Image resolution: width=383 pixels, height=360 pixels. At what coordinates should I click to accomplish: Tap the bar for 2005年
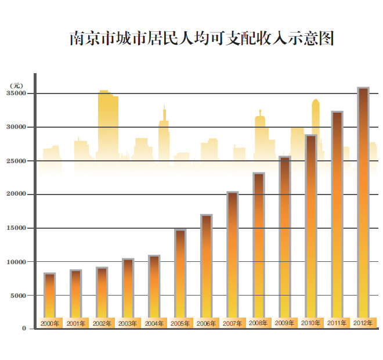180,273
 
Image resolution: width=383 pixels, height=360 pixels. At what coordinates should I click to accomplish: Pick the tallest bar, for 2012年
363,203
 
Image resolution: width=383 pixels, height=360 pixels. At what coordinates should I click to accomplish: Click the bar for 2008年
259,244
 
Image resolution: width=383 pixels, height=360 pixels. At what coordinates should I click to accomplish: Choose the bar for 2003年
128,287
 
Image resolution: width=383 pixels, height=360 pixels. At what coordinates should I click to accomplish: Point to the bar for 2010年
311,226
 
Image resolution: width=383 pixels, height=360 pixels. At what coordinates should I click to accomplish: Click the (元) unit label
16,85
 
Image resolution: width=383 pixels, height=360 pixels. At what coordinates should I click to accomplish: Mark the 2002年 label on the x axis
102,323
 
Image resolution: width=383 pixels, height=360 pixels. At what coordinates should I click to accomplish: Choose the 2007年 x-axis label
232,323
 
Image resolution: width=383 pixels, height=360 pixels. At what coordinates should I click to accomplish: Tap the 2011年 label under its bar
337,322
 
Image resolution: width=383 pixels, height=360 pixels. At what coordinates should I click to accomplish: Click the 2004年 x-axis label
154,323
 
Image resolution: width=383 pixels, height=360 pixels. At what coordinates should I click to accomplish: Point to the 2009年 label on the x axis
284,323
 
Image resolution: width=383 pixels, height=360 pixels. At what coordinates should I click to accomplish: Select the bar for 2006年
207,267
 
